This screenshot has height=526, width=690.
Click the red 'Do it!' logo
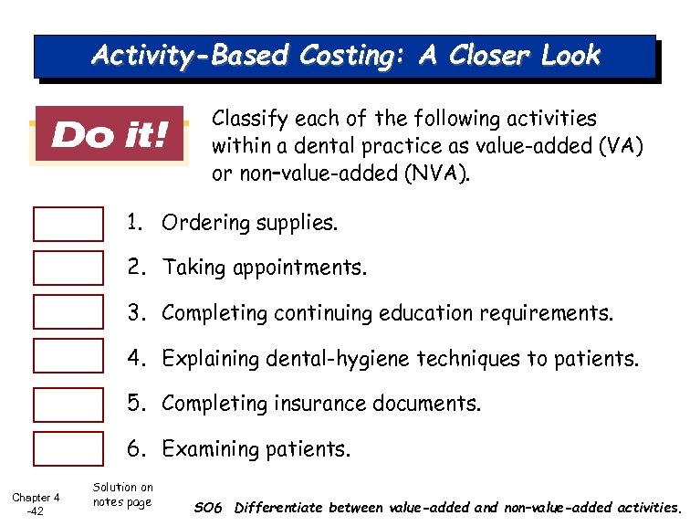point(109,136)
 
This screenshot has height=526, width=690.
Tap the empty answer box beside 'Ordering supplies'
point(68,224)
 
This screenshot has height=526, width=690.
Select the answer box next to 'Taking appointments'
point(68,268)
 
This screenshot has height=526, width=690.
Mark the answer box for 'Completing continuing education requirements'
point(68,312)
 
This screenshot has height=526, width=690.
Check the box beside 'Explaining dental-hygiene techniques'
point(68,357)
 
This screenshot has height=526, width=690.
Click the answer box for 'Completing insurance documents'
point(68,404)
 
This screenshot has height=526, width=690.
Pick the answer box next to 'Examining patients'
point(68,448)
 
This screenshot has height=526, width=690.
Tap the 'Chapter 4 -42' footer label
point(36,504)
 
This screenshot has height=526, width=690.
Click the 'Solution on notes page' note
point(123,495)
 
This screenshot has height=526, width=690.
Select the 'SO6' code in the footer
point(209,508)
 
